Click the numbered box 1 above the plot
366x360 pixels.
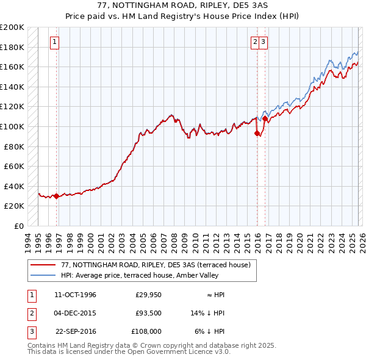54,42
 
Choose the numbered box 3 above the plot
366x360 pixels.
263,42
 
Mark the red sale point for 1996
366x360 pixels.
57,196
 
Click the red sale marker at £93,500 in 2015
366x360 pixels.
257,133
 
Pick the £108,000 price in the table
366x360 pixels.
146,331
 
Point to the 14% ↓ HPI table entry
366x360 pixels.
207,313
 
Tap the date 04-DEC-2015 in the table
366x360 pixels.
75,313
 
